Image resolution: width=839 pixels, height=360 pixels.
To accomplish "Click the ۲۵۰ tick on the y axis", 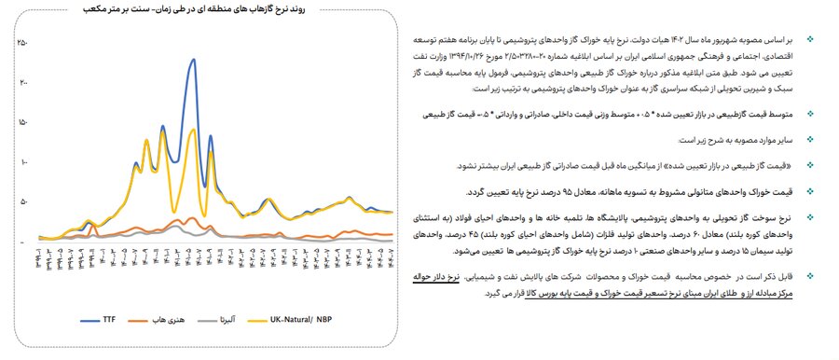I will pyautogui.click(x=23, y=43).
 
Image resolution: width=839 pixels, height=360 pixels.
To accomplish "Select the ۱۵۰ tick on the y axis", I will pyautogui.click(x=23, y=122).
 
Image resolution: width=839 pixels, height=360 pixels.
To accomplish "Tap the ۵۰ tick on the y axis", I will pyautogui.click(x=23, y=201).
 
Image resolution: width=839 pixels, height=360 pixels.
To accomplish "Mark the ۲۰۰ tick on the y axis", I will pyautogui.click(x=23, y=83).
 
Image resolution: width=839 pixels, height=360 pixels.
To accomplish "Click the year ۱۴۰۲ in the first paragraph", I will pyautogui.click(x=678, y=43).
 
